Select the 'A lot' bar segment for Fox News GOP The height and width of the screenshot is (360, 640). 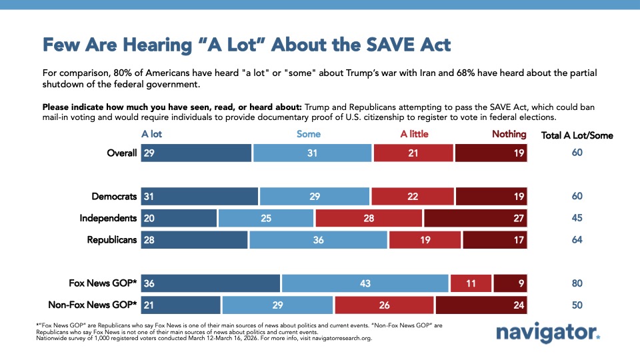click(x=210, y=283)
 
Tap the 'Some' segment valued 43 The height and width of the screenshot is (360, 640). click(x=365, y=283)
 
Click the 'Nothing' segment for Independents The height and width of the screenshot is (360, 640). click(x=475, y=218)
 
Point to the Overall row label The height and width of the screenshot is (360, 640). click(x=121, y=153)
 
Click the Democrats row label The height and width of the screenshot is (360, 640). click(x=114, y=197)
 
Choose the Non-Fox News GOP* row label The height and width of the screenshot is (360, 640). click(x=93, y=305)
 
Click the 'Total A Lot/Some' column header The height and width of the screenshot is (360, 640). click(x=577, y=135)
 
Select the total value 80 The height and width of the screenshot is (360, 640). click(x=577, y=283)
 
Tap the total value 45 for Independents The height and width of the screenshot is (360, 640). click(x=577, y=218)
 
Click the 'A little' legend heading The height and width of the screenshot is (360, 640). click(x=414, y=134)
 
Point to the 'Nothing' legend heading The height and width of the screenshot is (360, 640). click(x=509, y=134)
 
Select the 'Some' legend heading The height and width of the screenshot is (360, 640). click(x=309, y=134)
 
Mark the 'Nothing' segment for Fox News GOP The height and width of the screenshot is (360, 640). click(x=510, y=283)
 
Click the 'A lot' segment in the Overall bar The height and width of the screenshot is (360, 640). click(x=196, y=153)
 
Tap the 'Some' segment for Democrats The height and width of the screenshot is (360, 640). click(x=315, y=197)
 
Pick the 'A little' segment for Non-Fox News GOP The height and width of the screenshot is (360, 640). click(x=384, y=305)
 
